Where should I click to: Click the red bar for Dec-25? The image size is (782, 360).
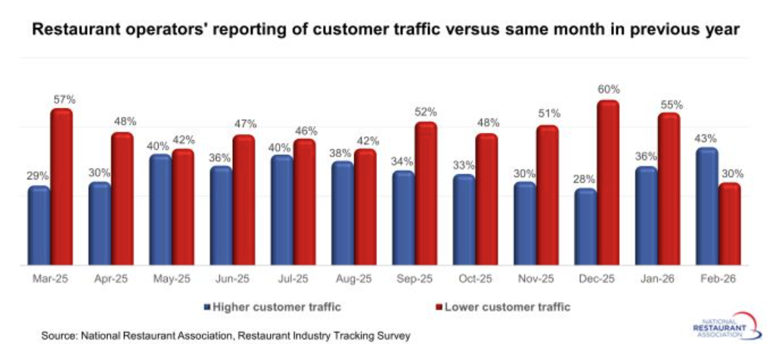(x=608, y=184)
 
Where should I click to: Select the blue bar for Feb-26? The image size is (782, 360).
(x=706, y=206)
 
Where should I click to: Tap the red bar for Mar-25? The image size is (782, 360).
(x=61, y=188)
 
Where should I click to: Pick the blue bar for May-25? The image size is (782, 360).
(x=160, y=210)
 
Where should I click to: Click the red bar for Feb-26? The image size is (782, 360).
(x=729, y=224)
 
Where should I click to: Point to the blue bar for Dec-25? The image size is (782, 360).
(x=585, y=227)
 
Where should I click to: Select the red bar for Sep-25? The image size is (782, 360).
(x=426, y=194)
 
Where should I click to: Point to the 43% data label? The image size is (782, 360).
(x=706, y=138)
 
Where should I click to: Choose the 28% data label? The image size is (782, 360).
(x=584, y=179)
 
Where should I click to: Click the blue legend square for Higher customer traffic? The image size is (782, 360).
(x=206, y=307)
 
